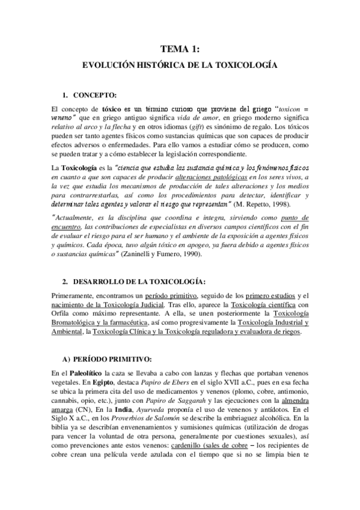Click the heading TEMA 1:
coord(180,50)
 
